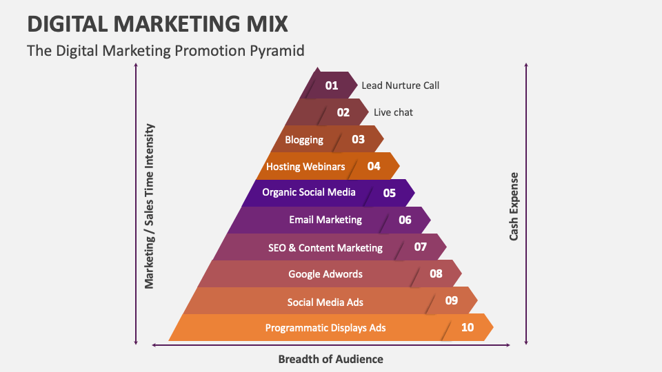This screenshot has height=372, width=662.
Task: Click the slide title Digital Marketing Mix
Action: pos(157,23)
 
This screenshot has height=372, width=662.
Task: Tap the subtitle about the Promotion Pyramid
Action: pos(165,51)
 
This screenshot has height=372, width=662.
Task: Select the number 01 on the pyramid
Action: pos(332,86)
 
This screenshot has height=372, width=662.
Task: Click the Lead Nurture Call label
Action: pos(400,85)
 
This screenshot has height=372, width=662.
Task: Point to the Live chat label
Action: pos(393,112)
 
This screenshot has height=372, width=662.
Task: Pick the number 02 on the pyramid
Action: pos(343,112)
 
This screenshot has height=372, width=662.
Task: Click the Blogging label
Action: pos(304,140)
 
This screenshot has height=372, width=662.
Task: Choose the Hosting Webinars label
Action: pos(305,167)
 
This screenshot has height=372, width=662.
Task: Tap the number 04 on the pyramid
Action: pos(374,166)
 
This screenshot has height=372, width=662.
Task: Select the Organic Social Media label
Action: pos(309,192)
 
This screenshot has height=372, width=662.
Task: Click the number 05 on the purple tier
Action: pos(390,193)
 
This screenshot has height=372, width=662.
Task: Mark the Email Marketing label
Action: pos(325,220)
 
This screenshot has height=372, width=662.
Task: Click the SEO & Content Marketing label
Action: pos(325,247)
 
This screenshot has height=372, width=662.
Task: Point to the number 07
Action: pos(421,247)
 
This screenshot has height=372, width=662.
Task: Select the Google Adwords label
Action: pos(325,274)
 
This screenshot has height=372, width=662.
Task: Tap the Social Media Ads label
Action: pos(325,302)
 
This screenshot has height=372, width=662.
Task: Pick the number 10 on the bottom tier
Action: pos(468,327)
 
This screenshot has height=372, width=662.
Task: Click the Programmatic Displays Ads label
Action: pos(325,328)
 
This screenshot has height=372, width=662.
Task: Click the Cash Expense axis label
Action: pos(514,207)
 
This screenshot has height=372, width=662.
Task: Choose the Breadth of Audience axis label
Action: pos(330,359)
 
